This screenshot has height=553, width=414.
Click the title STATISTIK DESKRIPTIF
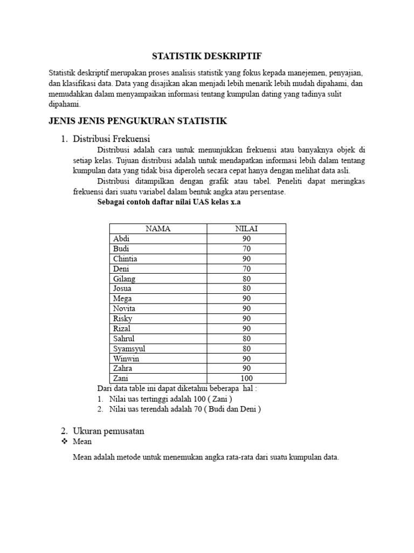click(x=207, y=56)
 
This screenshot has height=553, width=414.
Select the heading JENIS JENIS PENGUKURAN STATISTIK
click(x=138, y=121)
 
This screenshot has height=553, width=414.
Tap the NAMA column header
click(x=158, y=228)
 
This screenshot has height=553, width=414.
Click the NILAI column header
click(x=246, y=228)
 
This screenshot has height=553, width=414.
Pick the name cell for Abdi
click(x=122, y=239)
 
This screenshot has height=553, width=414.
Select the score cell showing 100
click(x=246, y=378)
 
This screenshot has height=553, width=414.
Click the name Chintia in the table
click(x=125, y=259)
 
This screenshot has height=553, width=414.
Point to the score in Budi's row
click(x=246, y=248)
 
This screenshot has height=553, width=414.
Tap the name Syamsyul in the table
click(x=129, y=348)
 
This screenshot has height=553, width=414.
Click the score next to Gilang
click(x=246, y=279)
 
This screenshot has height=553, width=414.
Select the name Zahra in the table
click(x=123, y=368)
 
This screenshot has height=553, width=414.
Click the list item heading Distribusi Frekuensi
click(x=111, y=139)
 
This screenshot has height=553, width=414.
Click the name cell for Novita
click(x=125, y=308)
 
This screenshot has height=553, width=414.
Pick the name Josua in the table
click(x=123, y=288)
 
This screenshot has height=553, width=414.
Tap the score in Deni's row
click(x=246, y=268)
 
